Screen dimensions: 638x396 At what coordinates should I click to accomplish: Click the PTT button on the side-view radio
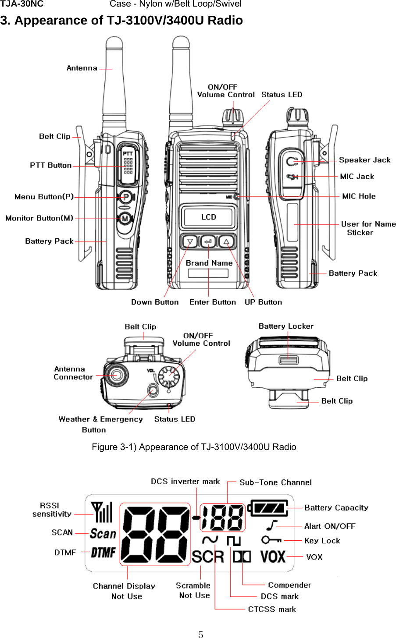pyautogui.click(x=128, y=166)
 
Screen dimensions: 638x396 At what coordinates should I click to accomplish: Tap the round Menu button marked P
pyautogui.click(x=125, y=197)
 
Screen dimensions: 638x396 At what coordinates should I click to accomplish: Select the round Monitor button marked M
pyautogui.click(x=125, y=218)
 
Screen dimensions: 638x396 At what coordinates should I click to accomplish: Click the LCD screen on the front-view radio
pyautogui.click(x=208, y=217)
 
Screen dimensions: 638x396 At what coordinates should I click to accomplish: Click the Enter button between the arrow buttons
pyautogui.click(x=208, y=241)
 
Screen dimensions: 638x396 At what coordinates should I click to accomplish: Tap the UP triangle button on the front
pyautogui.click(x=226, y=241)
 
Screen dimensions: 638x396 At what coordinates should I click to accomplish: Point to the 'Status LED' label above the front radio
pyautogui.click(x=282, y=95)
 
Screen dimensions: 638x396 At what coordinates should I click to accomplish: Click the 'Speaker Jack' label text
pyautogui.click(x=364, y=160)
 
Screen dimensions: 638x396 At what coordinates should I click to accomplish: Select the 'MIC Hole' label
pyautogui.click(x=359, y=196)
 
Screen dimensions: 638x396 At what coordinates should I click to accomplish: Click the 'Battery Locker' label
pyautogui.click(x=286, y=326)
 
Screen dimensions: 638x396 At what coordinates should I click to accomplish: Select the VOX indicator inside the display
pyautogui.click(x=273, y=557)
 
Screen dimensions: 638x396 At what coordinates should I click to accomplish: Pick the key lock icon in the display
pyautogui.click(x=271, y=540)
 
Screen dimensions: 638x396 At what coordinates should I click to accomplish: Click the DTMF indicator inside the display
pyautogui.click(x=103, y=553)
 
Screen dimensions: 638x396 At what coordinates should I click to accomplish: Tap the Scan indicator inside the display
pyautogui.click(x=103, y=533)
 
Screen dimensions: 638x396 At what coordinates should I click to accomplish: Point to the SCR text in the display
pyautogui.click(x=208, y=557)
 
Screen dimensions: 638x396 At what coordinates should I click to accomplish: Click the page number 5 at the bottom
pyautogui.click(x=200, y=634)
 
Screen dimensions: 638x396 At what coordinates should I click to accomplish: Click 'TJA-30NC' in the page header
pyautogui.click(x=22, y=4)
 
